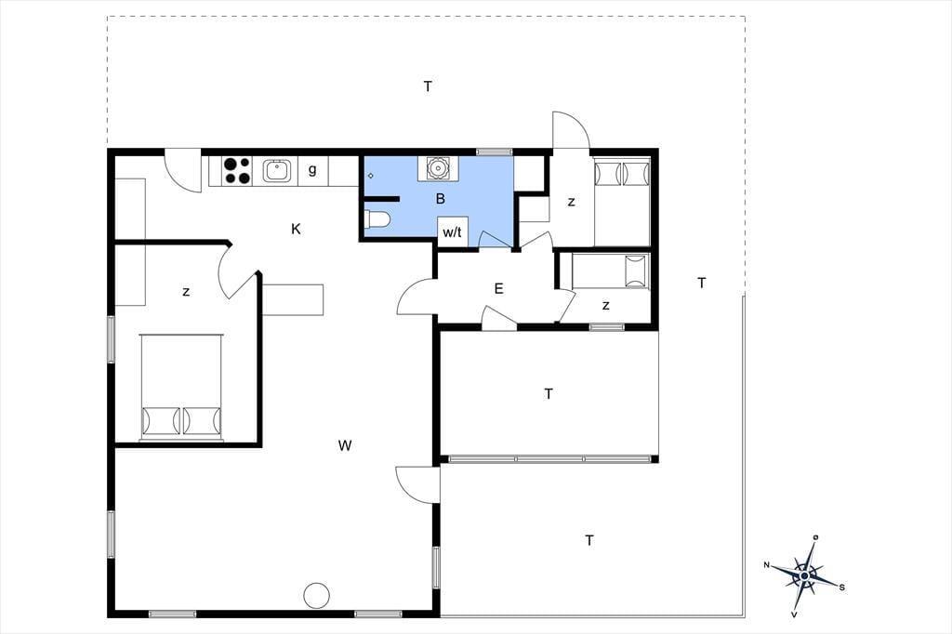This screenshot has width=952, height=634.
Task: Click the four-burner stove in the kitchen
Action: point(237,171)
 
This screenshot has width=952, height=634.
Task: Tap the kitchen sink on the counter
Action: point(277,171)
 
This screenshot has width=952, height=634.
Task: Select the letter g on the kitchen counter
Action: point(312,169)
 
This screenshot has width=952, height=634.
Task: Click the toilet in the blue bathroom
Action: point(377,219)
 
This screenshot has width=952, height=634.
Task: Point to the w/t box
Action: point(453,231)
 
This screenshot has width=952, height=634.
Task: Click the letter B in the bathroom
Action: point(441,199)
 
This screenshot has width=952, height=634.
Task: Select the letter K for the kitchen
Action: point(296,229)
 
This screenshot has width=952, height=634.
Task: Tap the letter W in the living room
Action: point(345,445)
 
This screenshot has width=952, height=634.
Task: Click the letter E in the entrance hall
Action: point(499,288)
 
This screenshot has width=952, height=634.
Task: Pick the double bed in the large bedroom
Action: point(181,387)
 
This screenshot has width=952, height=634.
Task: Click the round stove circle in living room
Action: point(316,595)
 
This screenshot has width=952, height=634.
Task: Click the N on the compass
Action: point(767,565)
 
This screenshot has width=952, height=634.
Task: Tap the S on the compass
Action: point(841,588)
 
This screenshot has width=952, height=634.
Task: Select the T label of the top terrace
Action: point(428,86)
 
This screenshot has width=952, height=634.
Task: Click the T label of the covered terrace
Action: point(549,394)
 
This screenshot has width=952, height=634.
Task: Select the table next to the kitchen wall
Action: point(293,299)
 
